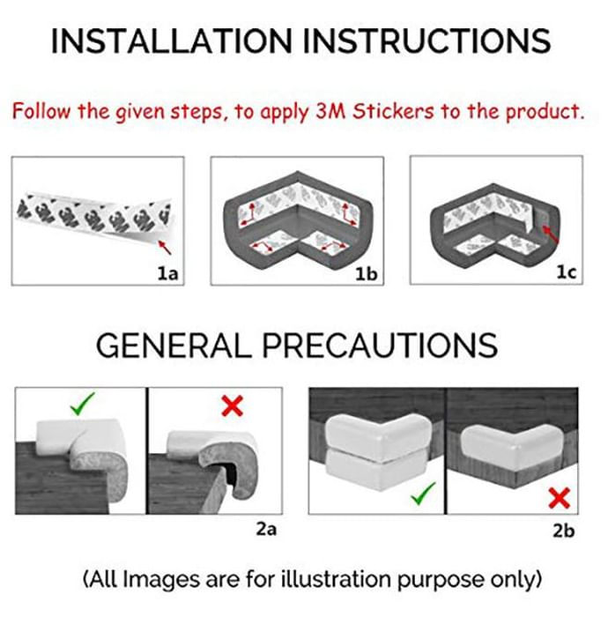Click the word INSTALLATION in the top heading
(172, 41)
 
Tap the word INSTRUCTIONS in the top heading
(426, 41)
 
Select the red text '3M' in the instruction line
(330, 111)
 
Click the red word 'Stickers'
(393, 111)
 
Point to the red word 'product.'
(545, 112)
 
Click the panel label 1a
(168, 273)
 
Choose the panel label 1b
(367, 274)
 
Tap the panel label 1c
(567, 271)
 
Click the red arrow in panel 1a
(165, 248)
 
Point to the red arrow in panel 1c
(550, 234)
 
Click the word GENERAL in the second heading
(174, 346)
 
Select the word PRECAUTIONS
(380, 346)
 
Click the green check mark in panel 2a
(82, 404)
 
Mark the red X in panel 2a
(232, 406)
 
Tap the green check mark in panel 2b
(423, 494)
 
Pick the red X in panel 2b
(559, 499)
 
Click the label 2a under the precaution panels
(266, 530)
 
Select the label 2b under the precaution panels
(564, 531)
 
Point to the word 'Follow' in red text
(41, 111)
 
